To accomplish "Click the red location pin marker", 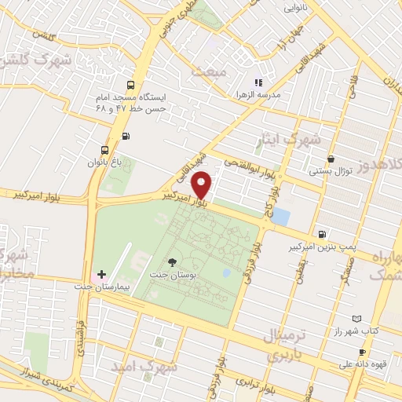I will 202,185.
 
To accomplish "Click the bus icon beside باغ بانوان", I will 105,150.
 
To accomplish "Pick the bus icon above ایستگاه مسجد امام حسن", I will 130,86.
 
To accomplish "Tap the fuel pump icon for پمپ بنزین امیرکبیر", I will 322,234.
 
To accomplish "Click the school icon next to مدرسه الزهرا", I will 258,82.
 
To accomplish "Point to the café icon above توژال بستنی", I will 331,158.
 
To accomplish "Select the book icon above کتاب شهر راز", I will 356,319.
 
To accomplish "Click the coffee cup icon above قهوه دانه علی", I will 362,353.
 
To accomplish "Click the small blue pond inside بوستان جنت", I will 226,273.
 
